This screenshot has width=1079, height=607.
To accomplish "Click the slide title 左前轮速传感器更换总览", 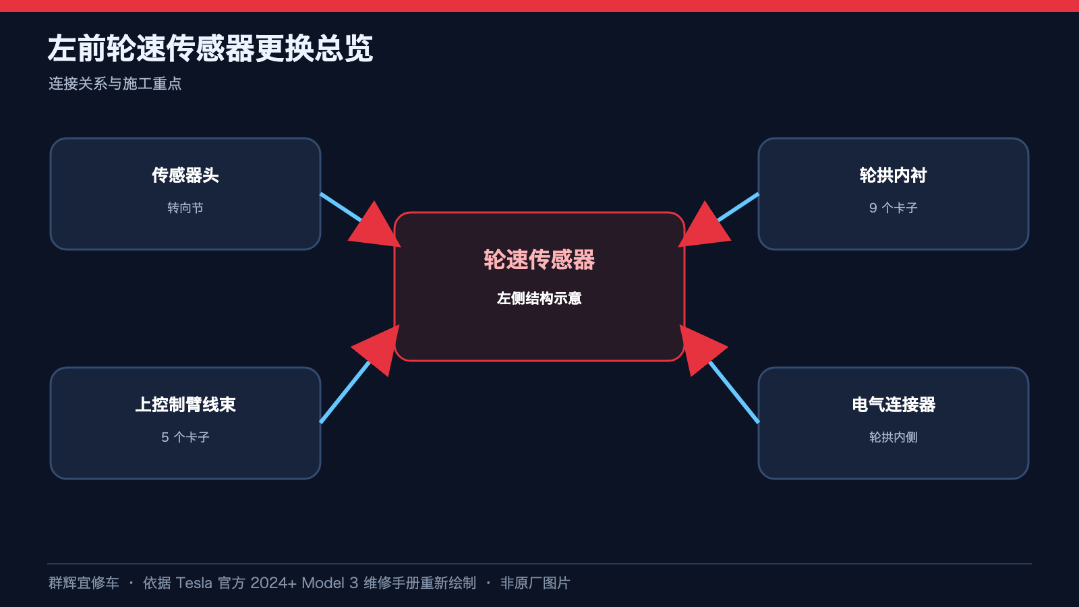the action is tap(210, 48).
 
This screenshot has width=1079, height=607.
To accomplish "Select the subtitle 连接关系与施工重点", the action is tap(115, 84).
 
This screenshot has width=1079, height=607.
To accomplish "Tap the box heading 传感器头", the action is tap(185, 175).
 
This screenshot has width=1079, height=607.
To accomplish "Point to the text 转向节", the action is tap(185, 208).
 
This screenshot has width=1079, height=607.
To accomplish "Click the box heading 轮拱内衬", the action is tap(894, 175).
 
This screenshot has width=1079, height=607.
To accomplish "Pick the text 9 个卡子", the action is tap(894, 208).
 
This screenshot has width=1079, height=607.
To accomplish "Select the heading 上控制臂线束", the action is tap(185, 404).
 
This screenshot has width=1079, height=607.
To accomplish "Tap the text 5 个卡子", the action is tap(185, 437).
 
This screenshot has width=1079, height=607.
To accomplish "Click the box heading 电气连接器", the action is tap(894, 404).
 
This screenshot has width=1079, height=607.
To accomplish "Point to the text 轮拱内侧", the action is tap(894, 437).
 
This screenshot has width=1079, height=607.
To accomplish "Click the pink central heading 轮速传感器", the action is tap(539, 260).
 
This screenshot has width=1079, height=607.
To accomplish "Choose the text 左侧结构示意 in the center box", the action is tap(539, 298).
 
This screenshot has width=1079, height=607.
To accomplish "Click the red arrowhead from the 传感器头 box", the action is tap(376, 227).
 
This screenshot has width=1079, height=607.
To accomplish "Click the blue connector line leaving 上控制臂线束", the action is tap(345, 392).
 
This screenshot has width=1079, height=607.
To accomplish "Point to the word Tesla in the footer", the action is tap(194, 583).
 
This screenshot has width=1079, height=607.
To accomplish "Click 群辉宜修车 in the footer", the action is tap(84, 583).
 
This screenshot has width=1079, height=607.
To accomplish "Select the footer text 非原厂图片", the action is tap(535, 583).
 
